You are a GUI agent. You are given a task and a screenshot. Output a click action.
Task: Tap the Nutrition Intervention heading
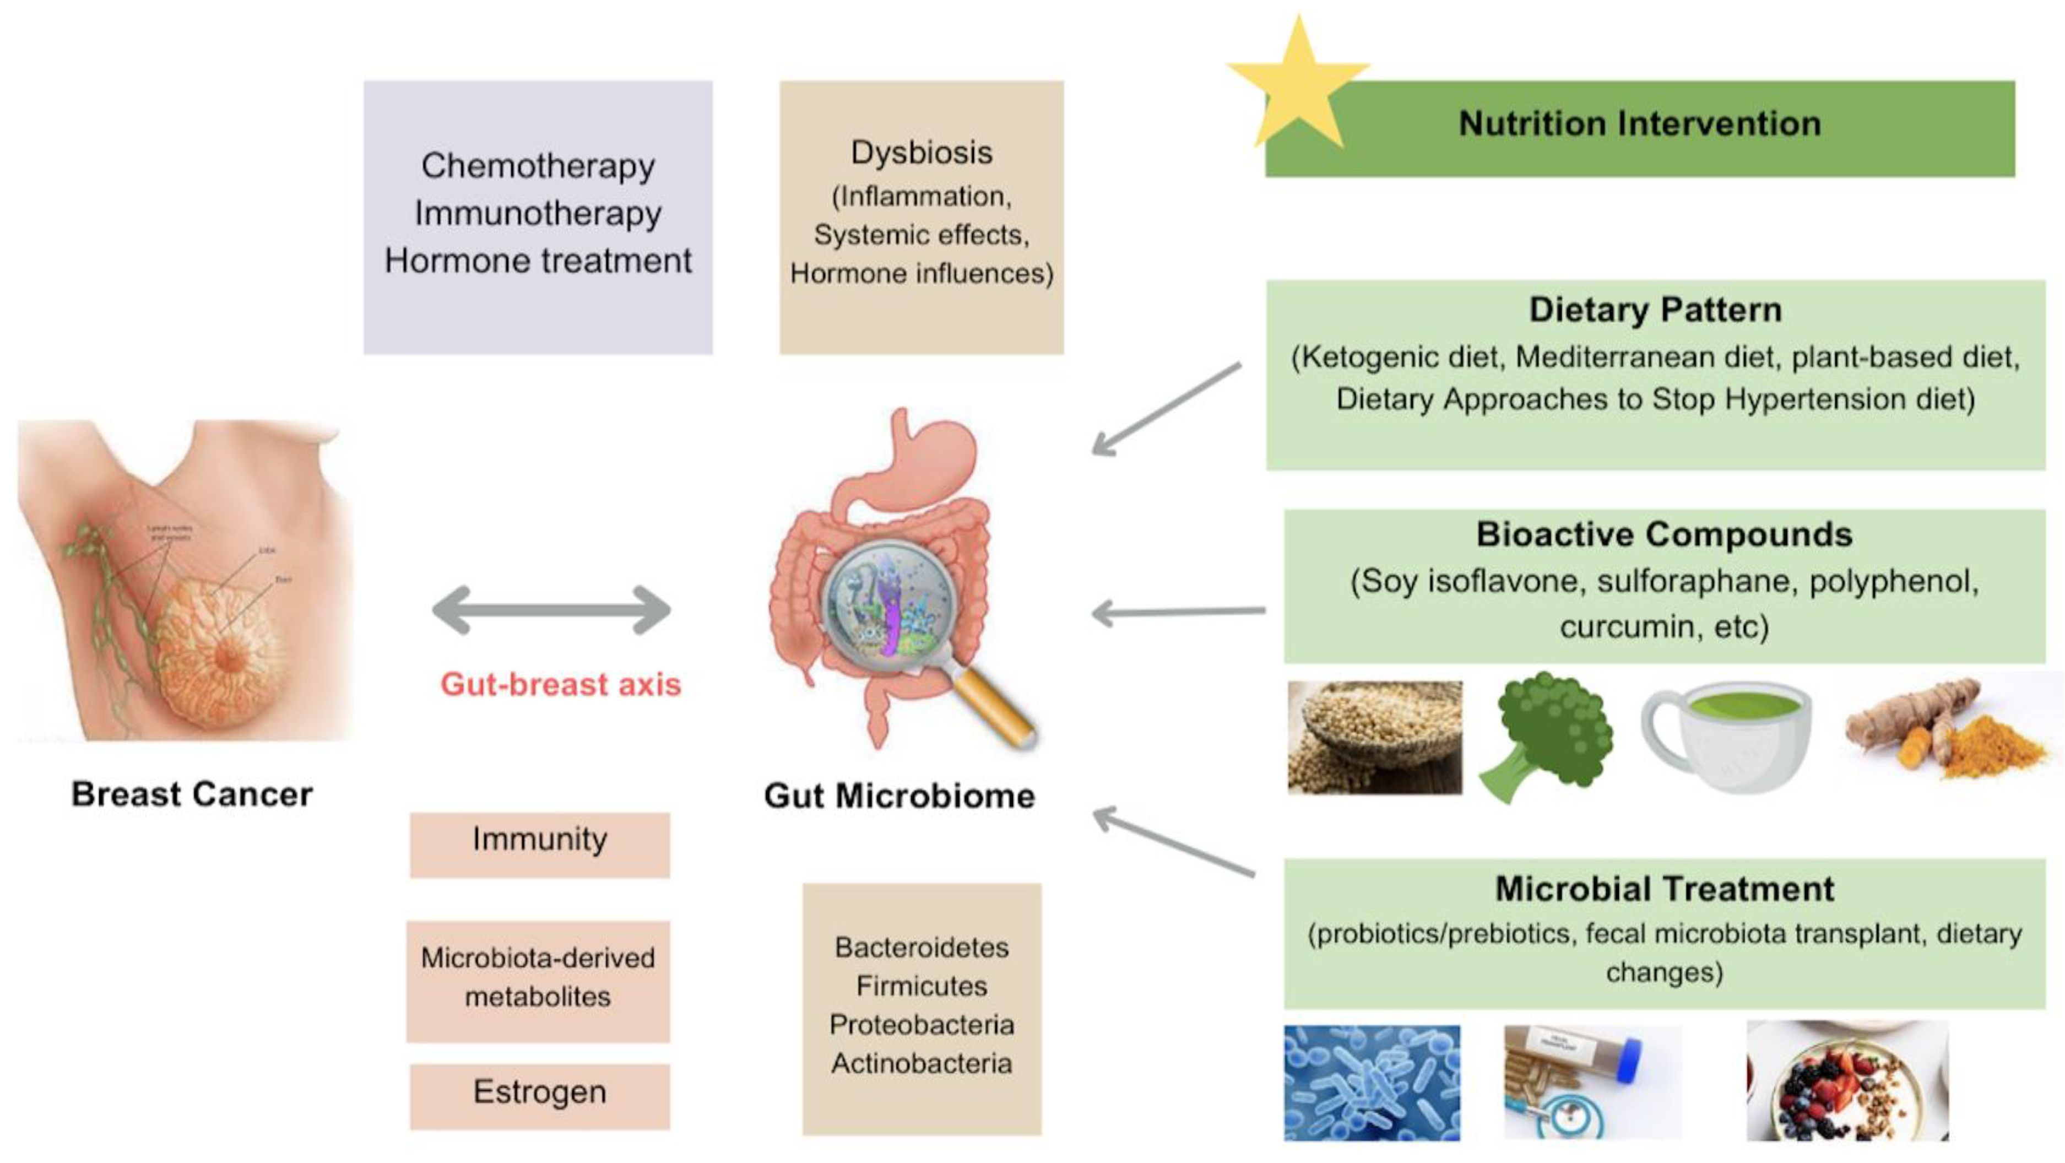click(x=1639, y=123)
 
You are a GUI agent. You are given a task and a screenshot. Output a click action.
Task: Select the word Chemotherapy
click(x=538, y=166)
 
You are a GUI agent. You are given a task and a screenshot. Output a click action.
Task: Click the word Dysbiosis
click(x=921, y=152)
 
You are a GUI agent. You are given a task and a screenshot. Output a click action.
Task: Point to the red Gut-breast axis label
click(x=560, y=684)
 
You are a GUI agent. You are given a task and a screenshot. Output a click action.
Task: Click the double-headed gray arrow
click(x=551, y=610)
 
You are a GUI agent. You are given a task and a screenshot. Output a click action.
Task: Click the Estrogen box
click(x=539, y=1094)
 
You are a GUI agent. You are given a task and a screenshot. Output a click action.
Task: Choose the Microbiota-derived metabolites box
click(x=538, y=978)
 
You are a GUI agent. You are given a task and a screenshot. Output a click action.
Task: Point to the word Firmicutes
click(x=921, y=985)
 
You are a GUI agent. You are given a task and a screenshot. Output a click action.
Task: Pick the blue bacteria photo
click(x=1371, y=1081)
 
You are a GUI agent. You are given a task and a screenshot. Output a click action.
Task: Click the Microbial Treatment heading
click(x=1663, y=888)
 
